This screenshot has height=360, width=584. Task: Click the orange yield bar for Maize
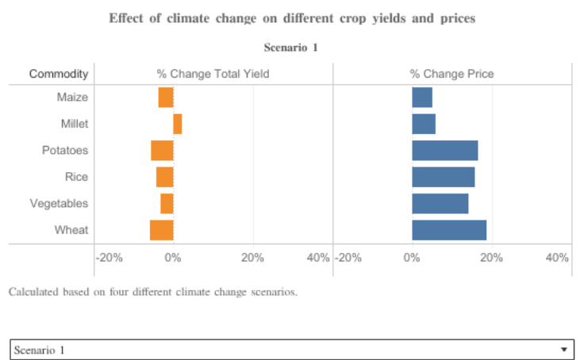pyautogui.click(x=166, y=98)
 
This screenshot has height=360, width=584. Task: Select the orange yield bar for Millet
pyautogui.click(x=178, y=124)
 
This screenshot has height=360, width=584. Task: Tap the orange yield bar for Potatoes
pyautogui.click(x=162, y=151)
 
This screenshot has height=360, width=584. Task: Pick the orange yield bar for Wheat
pyautogui.click(x=161, y=230)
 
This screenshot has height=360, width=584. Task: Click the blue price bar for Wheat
pyautogui.click(x=449, y=230)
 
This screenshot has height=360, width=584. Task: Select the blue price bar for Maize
pyautogui.click(x=422, y=98)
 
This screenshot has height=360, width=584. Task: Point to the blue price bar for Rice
pyautogui.click(x=444, y=177)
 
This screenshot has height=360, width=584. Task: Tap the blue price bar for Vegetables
pyautogui.click(x=440, y=204)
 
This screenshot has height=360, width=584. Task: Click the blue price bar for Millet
pyautogui.click(x=424, y=124)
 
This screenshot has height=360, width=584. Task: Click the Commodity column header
pyautogui.click(x=58, y=74)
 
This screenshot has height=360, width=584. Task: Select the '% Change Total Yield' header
pyautogui.click(x=213, y=74)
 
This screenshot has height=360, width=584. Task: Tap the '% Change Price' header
pyautogui.click(x=451, y=74)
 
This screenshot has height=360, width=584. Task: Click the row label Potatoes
pyautogui.click(x=65, y=151)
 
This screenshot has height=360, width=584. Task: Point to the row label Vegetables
pyautogui.click(x=59, y=204)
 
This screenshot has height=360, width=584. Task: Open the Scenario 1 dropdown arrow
pyautogui.click(x=563, y=350)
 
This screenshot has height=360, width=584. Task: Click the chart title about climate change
pyautogui.click(x=292, y=18)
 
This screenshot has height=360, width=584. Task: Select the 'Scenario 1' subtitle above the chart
pyautogui.click(x=290, y=48)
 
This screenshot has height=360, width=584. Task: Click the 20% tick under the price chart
pyautogui.click(x=492, y=258)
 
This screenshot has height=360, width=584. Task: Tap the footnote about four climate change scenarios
pyautogui.click(x=152, y=292)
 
